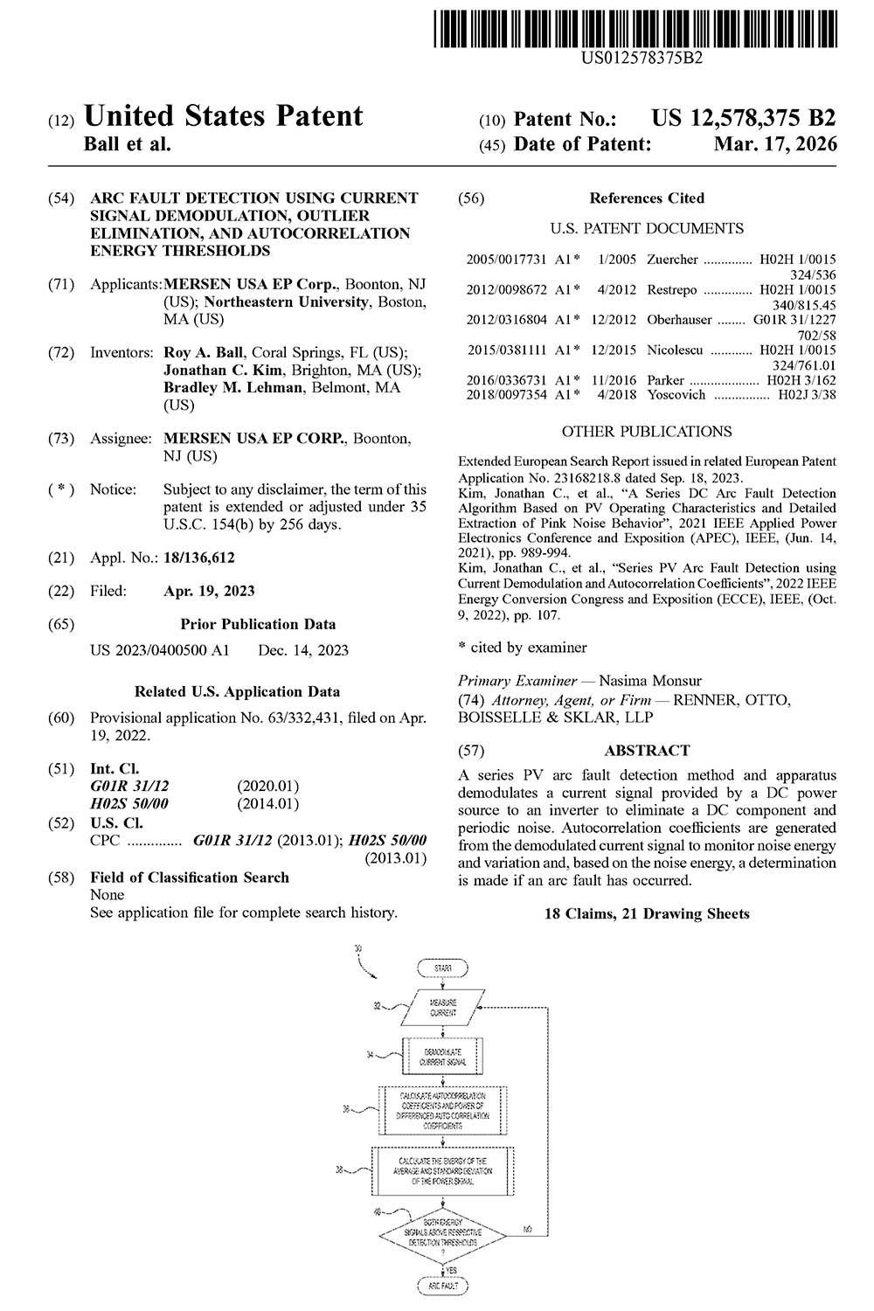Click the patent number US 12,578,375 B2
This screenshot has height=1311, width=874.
click(743, 118)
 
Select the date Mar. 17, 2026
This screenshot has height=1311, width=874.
click(774, 144)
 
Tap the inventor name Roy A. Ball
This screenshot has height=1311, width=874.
click(205, 353)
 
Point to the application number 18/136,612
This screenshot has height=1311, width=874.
click(199, 558)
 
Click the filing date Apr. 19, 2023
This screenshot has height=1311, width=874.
click(209, 591)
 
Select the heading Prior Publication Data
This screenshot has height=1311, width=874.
click(258, 624)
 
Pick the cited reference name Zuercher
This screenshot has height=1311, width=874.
click(672, 260)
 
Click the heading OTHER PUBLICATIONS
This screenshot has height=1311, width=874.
click(647, 432)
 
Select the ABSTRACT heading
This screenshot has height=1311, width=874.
click(647, 751)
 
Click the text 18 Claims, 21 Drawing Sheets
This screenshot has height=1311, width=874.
click(647, 914)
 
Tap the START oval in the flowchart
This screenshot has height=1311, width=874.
click(442, 968)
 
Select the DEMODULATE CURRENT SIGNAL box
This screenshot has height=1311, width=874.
click(442, 1056)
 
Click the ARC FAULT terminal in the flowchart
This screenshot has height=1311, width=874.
click(442, 1287)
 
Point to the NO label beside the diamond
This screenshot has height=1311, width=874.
click(527, 1228)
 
